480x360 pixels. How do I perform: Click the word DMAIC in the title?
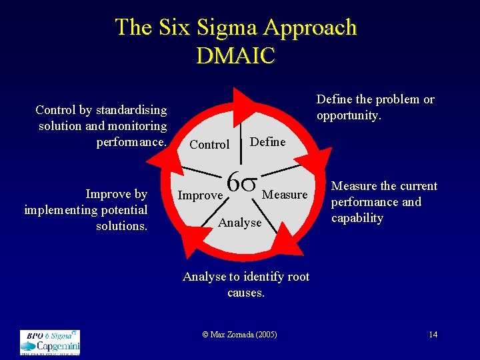[235, 55]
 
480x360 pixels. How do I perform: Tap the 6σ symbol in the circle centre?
[243, 181]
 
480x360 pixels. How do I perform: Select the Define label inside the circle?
[267, 141]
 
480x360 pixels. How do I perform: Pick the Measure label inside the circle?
[285, 195]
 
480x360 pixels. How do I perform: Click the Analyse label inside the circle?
[240, 223]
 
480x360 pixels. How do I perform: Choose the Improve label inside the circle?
[200, 195]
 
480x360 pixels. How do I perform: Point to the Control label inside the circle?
[209, 145]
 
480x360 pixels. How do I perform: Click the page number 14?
[433, 334]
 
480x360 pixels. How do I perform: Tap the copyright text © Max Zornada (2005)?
[239, 334]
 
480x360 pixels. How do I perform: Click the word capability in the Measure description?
[357, 218]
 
